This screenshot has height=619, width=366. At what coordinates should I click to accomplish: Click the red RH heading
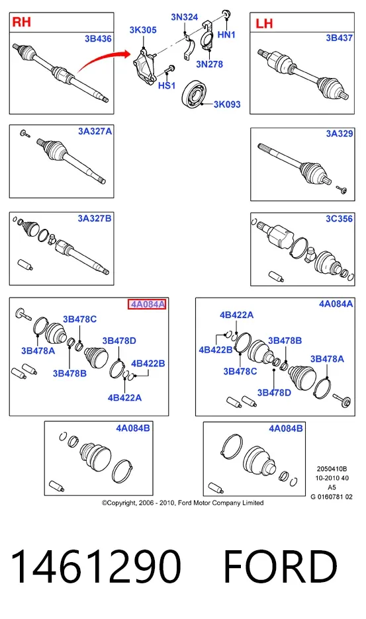[21, 22]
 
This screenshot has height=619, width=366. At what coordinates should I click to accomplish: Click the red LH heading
[264, 23]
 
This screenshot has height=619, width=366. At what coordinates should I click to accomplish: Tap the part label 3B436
[98, 38]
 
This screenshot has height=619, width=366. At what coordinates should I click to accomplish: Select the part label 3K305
[143, 30]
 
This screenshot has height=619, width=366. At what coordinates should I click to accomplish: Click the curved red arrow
[103, 60]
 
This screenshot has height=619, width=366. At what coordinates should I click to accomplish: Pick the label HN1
[226, 35]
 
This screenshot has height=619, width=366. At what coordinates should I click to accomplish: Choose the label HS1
[166, 85]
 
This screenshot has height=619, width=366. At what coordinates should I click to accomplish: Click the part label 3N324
[184, 17]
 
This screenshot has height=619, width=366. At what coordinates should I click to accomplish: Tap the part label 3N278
[210, 64]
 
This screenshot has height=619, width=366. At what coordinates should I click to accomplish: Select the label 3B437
[339, 38]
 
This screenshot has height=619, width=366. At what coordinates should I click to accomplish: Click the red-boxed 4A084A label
[147, 304]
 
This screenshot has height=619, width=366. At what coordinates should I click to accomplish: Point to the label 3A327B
[95, 218]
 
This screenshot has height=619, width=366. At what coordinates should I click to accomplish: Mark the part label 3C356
[339, 219]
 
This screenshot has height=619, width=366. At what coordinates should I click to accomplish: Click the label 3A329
[339, 134]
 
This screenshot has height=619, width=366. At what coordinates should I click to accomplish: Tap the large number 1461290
[96, 566]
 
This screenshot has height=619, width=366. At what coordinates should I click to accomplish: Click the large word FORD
[280, 566]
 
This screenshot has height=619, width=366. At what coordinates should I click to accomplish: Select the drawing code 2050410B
[332, 469]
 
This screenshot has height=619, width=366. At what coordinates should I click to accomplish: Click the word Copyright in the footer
[122, 503]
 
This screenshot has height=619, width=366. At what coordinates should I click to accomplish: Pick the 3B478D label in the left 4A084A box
[119, 341]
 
